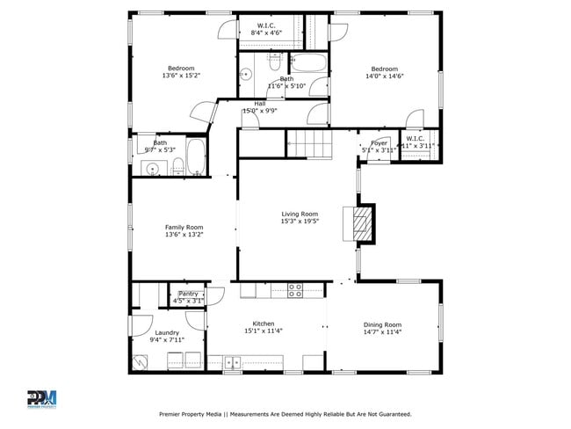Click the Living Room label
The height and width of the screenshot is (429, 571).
(300, 214)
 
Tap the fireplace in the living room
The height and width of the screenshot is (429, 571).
(360, 223)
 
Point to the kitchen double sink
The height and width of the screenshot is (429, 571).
(233, 360)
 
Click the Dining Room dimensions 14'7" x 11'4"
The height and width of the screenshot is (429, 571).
(382, 332)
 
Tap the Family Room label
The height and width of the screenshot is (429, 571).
(184, 227)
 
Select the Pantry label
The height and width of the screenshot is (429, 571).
(189, 294)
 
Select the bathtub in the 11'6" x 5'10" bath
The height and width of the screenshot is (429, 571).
(308, 63)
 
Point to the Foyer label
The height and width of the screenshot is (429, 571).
(379, 142)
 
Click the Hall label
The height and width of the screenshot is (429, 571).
(260, 104)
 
